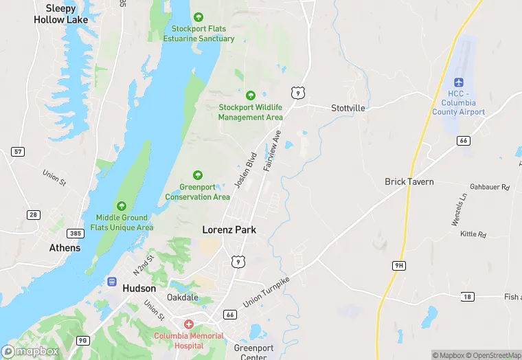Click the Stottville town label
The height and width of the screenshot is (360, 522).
[348, 109]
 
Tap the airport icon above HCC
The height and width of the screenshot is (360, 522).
[459, 82]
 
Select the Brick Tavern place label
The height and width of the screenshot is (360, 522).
[409, 182]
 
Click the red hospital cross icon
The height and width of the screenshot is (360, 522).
[188, 324]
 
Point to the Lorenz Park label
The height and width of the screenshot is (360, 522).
[229, 229]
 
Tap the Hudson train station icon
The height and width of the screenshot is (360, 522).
[111, 281]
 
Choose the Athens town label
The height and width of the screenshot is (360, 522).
[65, 248]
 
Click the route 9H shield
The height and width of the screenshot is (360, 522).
[399, 265]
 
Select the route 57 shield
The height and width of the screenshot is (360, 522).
[18, 151]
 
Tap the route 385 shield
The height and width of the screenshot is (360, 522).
[76, 234]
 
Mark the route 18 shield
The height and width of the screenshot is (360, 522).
[467, 296]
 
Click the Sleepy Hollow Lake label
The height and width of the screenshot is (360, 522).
[60, 14]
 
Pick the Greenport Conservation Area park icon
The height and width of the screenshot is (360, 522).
[198, 175]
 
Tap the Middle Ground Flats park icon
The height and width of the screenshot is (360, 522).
[122, 205]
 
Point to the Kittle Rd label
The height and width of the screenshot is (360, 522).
[473, 235]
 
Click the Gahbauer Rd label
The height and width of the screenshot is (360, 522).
[490, 187]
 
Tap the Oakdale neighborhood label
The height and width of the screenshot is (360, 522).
[183, 297]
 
